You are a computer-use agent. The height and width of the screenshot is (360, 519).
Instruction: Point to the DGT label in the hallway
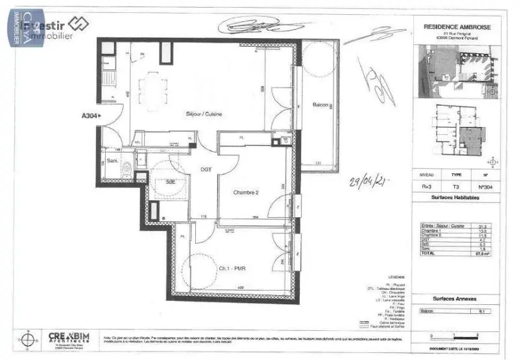(x=206, y=169)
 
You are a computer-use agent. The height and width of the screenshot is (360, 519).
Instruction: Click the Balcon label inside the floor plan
(x=321, y=104)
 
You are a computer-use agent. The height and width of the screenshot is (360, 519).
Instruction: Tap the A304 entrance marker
(x=91, y=117)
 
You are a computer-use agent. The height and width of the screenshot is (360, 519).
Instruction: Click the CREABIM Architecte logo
(x=73, y=339)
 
